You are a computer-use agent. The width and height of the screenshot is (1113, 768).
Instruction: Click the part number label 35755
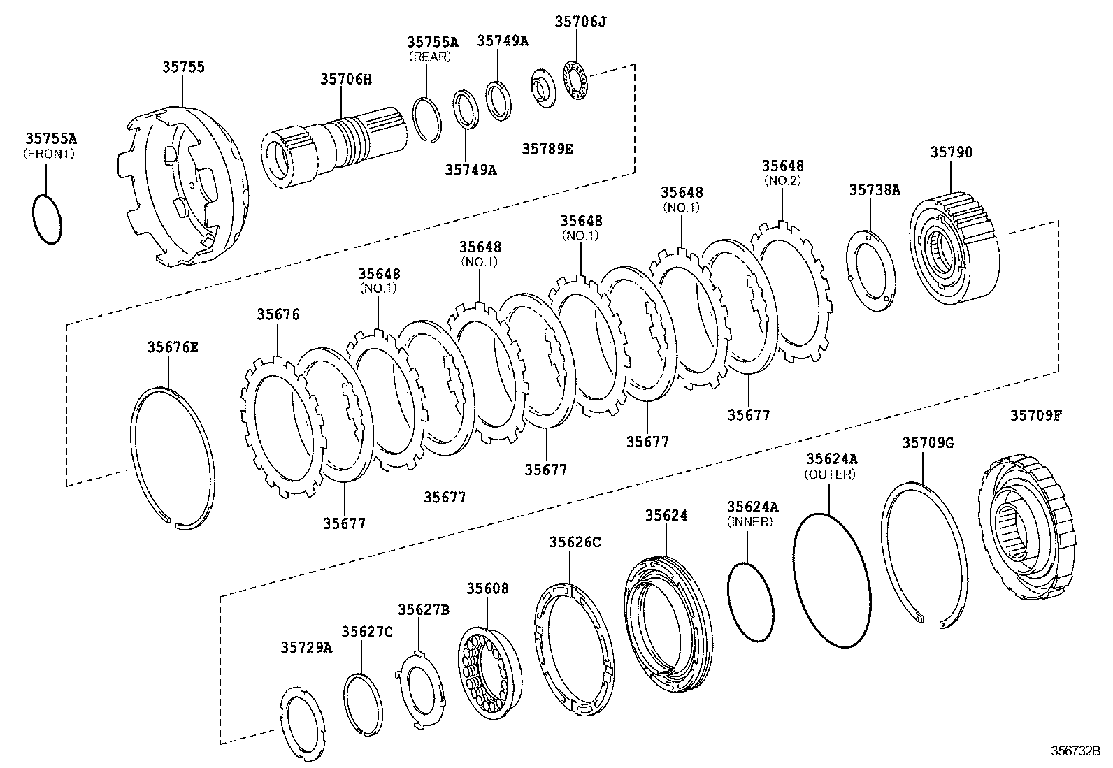pyautogui.click(x=184, y=67)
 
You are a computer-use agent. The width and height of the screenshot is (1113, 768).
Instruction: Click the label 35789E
pyautogui.click(x=547, y=148)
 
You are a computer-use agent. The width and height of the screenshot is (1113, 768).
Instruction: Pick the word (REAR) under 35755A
pyautogui.click(x=429, y=57)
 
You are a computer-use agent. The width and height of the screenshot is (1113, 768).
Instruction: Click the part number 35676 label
pyautogui.click(x=278, y=314)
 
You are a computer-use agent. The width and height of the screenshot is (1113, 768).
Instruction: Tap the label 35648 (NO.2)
pyautogui.click(x=782, y=166)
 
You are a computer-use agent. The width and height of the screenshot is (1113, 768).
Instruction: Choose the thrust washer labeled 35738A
pyautogui.click(x=871, y=268)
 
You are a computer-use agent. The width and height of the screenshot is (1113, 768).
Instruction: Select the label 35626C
pyautogui.click(x=575, y=542)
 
